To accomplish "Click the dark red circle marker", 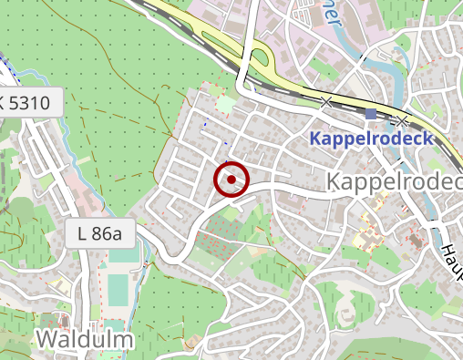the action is tap(231, 180).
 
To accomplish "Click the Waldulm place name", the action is tap(84, 340).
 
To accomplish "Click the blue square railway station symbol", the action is tap(370, 114).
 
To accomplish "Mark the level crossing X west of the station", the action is tap(326, 101).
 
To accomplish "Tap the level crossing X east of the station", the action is tap(402, 120).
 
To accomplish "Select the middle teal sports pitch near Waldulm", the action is tap(118, 291).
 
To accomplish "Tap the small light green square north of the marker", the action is tap(225, 107).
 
